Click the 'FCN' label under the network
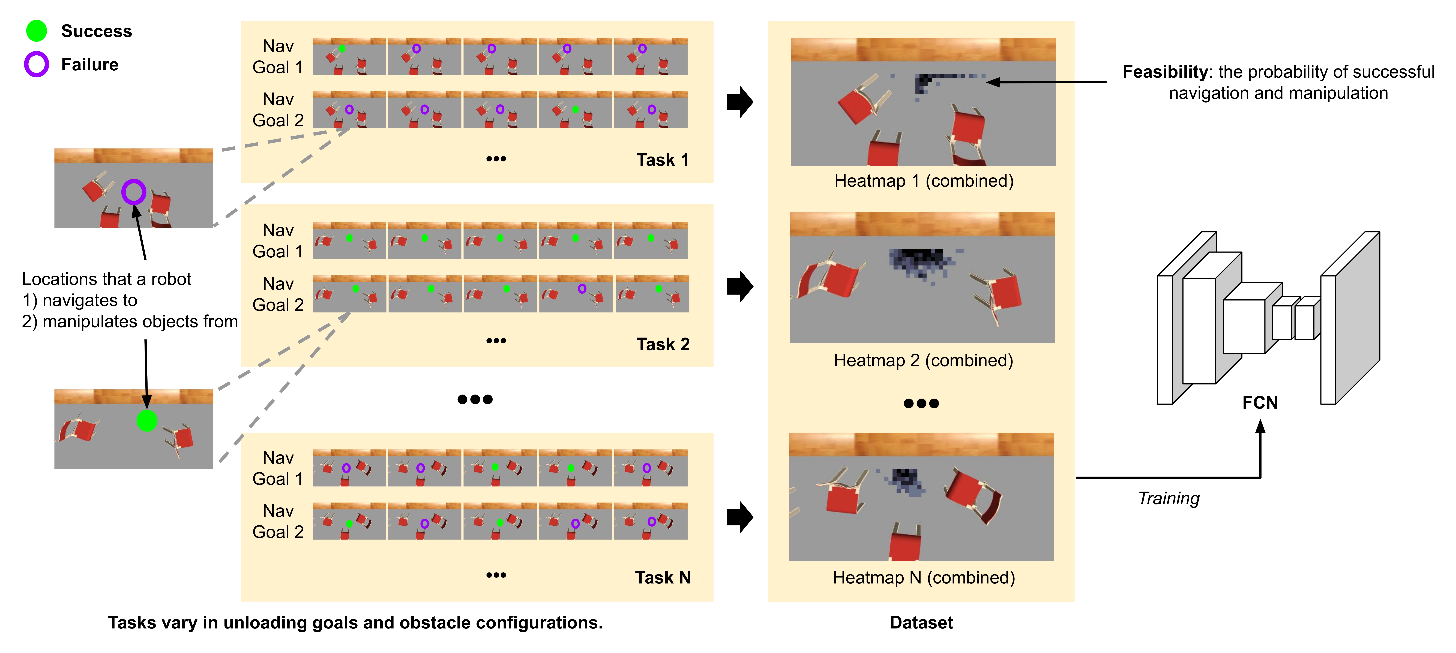click(1260, 403)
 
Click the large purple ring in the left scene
click(134, 192)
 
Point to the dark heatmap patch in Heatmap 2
click(918, 261)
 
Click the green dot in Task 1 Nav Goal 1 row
click(342, 49)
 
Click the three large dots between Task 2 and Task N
click(475, 399)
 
